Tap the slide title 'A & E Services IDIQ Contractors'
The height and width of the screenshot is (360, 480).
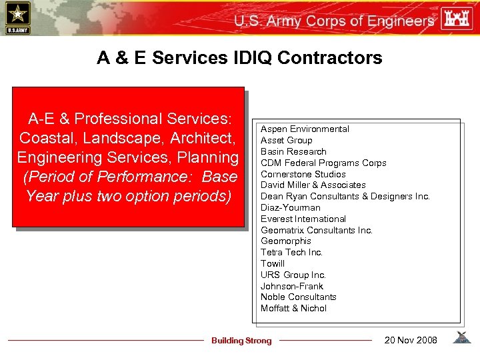[239, 58]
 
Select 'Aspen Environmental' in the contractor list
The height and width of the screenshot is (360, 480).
[305, 129]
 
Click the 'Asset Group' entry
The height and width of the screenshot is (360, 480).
[286, 140]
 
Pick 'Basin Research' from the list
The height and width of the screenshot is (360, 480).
[293, 151]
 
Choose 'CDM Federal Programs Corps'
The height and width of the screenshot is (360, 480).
[323, 163]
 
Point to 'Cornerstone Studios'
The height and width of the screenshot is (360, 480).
[303, 174]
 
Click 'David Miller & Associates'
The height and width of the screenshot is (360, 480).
[313, 185]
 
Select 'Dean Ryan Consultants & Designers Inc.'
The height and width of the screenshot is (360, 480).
[345, 196]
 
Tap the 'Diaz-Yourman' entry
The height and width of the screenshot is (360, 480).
[290, 207]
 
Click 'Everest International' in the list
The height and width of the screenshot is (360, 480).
[303, 219]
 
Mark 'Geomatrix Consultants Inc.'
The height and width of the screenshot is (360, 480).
[317, 230]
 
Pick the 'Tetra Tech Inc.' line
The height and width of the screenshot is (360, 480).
[291, 252]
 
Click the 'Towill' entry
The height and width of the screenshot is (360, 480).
[273, 263]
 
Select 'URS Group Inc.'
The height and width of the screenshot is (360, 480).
[293, 275]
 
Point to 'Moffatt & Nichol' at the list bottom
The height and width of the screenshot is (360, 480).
[293, 308]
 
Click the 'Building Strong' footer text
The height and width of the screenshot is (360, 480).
[241, 341]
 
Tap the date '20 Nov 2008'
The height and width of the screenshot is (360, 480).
[411, 340]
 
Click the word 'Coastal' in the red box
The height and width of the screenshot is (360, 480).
[46, 138]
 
